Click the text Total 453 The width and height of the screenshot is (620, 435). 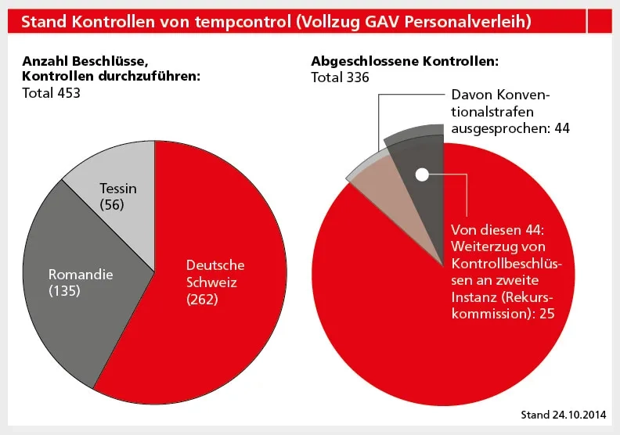pyautogui.click(x=52, y=93)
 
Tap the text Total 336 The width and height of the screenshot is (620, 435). pyautogui.click(x=341, y=77)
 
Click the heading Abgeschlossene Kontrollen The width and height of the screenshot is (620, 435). pyautogui.click(x=405, y=61)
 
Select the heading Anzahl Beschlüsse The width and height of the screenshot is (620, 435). pyautogui.click(x=82, y=61)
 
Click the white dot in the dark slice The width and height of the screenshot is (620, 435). pyautogui.click(x=422, y=174)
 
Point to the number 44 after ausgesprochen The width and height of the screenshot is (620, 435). pyautogui.click(x=561, y=128)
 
